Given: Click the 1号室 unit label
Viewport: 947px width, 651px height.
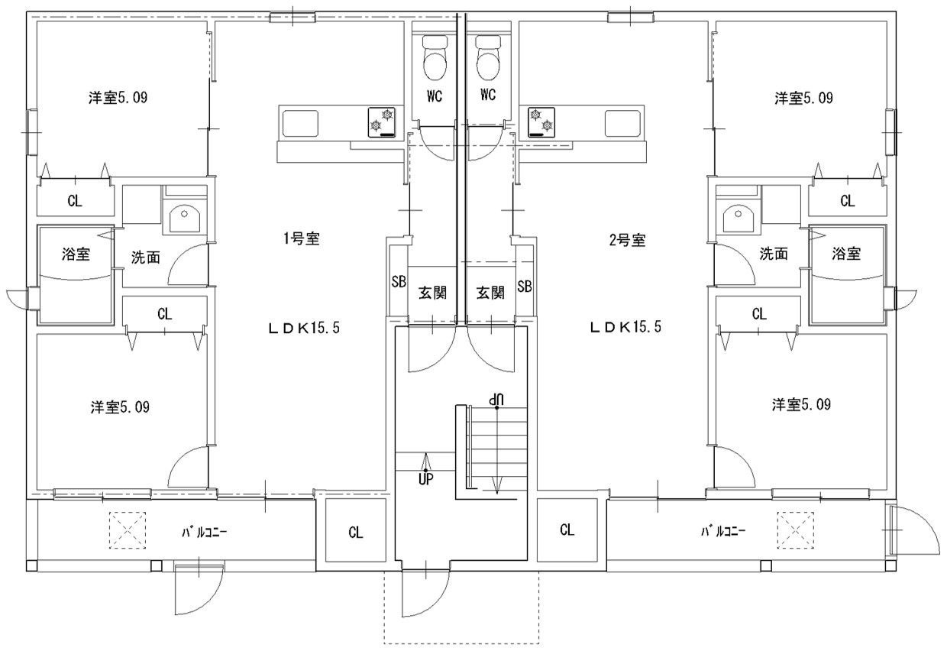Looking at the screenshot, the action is [302, 238].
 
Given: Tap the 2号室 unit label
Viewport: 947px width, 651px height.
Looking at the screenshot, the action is [628, 240].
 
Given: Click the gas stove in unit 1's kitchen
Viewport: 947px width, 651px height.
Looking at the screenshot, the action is [381, 122].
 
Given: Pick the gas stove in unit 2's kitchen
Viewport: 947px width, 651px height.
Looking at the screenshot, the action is [541, 122].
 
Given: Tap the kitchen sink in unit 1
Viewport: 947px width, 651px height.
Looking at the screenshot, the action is [300, 123].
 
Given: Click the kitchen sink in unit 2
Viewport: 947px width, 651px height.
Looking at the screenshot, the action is [622, 123].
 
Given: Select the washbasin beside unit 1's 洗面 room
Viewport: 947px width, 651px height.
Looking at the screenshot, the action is [185, 219].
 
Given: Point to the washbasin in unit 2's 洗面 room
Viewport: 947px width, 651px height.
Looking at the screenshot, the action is [739, 219].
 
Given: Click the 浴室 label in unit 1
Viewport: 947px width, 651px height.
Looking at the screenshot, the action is [76, 254].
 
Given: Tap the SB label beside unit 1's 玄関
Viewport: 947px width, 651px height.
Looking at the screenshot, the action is [398, 282].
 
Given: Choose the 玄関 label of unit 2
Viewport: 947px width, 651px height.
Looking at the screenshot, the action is [490, 293].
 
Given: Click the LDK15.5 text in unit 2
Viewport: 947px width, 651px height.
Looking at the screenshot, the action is [625, 327].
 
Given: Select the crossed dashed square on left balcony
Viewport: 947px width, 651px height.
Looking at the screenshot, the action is [128, 530].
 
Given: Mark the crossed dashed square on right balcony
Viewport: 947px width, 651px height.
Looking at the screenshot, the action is [796, 530].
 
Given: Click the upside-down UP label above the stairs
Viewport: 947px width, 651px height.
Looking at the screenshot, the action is [496, 398].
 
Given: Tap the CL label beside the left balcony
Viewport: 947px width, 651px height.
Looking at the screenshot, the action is [356, 532].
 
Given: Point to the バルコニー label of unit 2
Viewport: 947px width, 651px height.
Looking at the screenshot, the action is [723, 530].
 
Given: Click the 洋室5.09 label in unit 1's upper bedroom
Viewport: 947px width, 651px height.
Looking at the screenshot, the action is [118, 98].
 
